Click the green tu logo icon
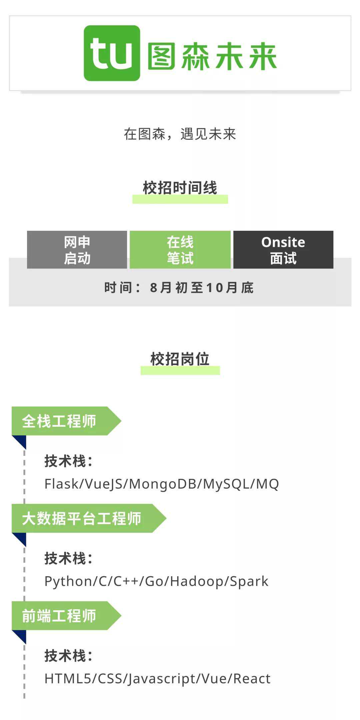tap(112, 53)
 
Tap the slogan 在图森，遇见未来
tap(180, 134)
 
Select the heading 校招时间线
tap(180, 188)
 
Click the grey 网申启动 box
tap(77, 250)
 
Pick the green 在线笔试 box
tap(180, 250)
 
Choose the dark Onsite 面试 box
tap(283, 250)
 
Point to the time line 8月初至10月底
tap(179, 288)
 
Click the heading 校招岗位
tap(180, 359)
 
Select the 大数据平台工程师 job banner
tap(82, 518)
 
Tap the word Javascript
tap(162, 679)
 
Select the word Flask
tap(61, 484)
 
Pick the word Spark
tap(249, 581)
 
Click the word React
tap(252, 679)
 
